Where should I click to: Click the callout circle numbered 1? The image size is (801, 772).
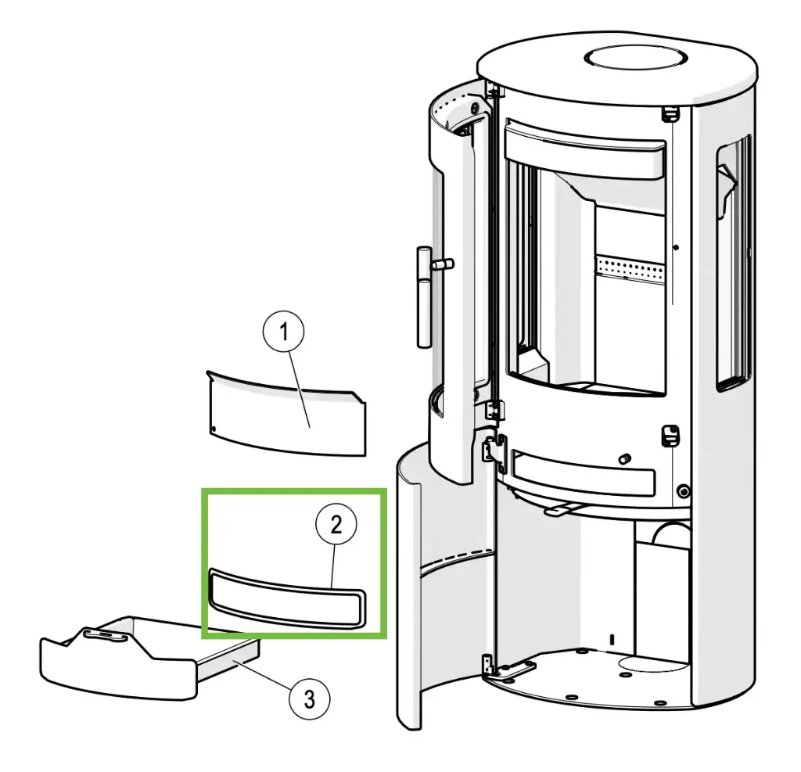285,332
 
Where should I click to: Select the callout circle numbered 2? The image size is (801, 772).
336,525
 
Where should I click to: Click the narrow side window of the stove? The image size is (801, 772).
733,262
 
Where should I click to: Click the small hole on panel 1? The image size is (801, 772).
213,428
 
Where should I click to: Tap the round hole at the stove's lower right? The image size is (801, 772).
684,492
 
